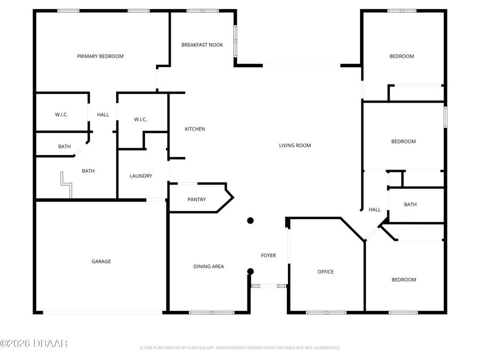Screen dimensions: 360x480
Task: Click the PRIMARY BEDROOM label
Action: point(100,57)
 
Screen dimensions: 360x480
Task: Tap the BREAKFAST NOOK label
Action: point(202,45)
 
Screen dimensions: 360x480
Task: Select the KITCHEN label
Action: point(195,129)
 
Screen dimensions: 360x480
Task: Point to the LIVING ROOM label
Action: point(295,146)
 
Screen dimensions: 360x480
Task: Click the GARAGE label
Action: point(101,261)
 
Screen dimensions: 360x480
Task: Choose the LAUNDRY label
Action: point(141,176)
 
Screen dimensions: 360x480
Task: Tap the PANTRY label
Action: point(197,200)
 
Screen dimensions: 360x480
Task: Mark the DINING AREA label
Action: point(209,267)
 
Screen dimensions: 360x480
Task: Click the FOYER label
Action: point(268,256)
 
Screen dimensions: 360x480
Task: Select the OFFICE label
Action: point(326,272)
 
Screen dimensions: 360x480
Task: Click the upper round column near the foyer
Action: point(250,221)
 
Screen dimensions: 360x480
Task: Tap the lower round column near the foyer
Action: point(250,271)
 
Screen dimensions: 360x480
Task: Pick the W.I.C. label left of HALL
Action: point(61,115)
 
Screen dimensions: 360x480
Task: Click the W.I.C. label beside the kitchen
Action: point(140,119)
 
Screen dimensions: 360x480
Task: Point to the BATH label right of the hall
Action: point(410,205)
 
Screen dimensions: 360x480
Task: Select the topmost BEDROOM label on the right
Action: point(402,57)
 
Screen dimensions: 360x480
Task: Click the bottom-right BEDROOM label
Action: point(404,280)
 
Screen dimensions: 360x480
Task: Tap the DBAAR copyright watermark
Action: point(34,343)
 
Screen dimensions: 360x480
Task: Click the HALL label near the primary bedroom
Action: point(103,115)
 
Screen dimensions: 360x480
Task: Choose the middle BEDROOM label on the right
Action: point(403,142)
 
